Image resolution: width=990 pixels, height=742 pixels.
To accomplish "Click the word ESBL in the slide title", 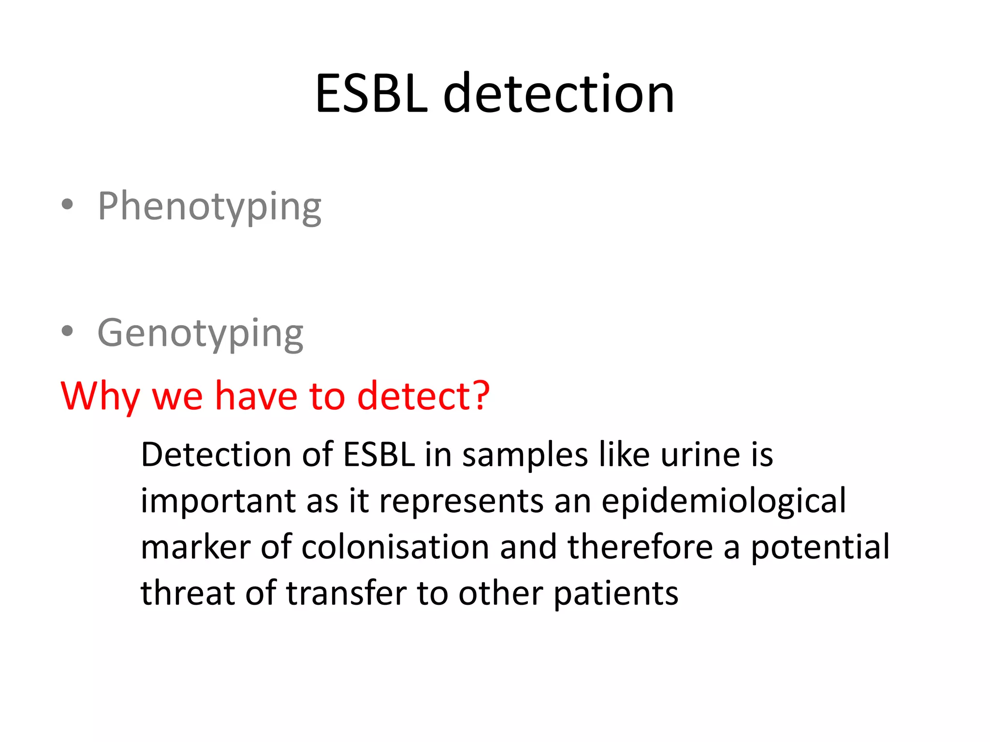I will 371,94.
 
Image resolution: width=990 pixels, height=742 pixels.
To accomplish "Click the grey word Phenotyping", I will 209,207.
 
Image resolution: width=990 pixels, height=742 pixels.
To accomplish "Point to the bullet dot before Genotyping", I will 68,331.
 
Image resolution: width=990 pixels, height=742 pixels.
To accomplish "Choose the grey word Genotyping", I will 200,333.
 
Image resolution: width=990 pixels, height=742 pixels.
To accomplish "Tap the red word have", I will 256,396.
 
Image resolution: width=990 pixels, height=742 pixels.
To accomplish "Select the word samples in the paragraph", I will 524,455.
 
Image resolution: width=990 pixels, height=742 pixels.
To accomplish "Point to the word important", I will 218,501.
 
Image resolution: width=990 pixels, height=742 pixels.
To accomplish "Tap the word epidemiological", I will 724,501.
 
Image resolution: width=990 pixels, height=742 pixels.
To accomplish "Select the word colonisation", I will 395,547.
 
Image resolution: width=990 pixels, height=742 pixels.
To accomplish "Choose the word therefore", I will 640,547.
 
